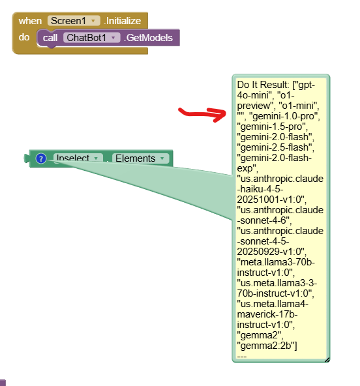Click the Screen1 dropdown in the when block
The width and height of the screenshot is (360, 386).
[74, 21]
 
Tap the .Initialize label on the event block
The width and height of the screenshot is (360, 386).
[123, 21]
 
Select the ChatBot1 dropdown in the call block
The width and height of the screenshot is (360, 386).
[91, 38]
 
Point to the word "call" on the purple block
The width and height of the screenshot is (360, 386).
[50, 38]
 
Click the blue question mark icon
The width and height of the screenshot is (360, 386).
[41, 158]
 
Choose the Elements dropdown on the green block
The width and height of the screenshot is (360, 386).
[140, 158]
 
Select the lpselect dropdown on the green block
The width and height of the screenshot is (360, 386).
[78, 158]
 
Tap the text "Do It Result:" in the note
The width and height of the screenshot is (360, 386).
[263, 85]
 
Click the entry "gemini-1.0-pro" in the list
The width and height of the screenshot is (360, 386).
[284, 116]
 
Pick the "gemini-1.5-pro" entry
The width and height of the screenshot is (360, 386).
[272, 126]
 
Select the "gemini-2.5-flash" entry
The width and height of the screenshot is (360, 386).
[275, 147]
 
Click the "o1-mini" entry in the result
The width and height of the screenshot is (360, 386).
[299, 106]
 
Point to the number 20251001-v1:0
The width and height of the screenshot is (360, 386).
[271, 200]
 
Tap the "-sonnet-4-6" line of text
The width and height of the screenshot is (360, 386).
[264, 220]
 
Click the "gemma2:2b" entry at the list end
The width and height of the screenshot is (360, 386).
[267, 346]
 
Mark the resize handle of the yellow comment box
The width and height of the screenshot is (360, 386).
[327, 360]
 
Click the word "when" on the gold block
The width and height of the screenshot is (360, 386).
[30, 21]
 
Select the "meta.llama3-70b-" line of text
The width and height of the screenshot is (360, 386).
[276, 262]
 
